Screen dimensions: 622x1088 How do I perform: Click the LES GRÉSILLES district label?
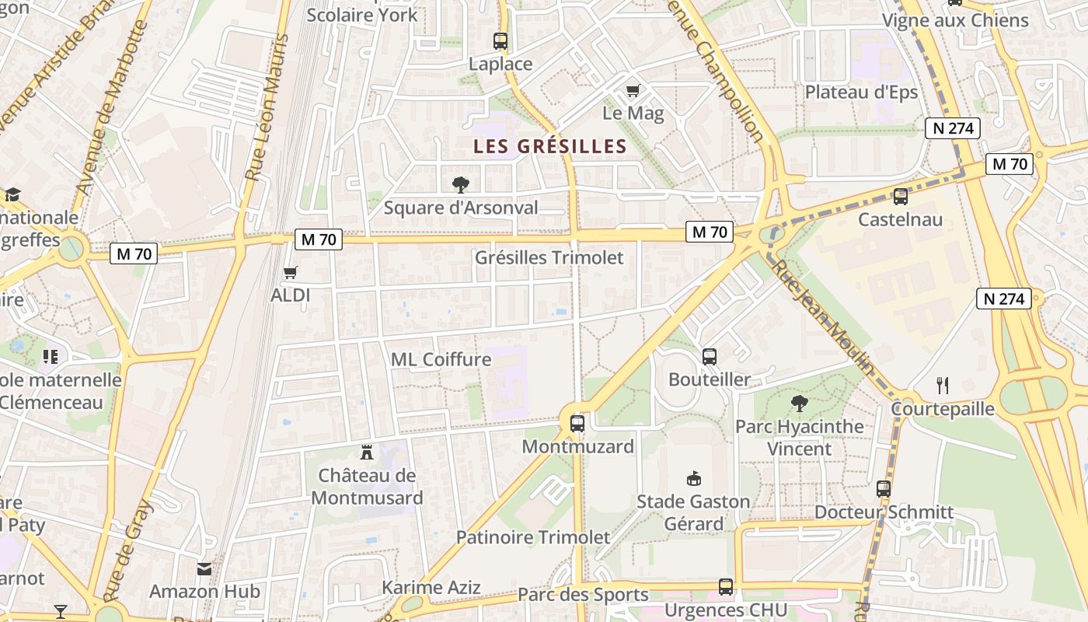[x=549, y=146]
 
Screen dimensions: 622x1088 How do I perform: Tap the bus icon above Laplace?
[x=500, y=41]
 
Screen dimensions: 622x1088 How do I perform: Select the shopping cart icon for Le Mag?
[x=633, y=91]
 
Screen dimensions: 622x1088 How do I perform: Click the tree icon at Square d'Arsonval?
[x=461, y=184]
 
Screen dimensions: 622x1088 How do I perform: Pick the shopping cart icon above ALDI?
[x=291, y=272]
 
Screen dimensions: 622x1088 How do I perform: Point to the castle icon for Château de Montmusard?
[x=367, y=452]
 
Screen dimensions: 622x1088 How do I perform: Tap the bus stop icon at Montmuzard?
[x=577, y=424]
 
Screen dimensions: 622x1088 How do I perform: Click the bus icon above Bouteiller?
[x=710, y=357]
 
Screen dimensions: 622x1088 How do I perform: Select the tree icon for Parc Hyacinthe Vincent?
[x=799, y=403]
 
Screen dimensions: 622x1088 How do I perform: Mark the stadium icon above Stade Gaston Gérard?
[x=694, y=478]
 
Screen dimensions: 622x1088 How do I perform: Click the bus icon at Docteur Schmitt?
[x=884, y=489]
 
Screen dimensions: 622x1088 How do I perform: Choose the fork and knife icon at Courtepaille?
[x=943, y=385]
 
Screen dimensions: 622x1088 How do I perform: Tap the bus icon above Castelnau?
[x=901, y=197]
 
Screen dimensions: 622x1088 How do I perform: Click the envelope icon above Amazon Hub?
[x=204, y=568]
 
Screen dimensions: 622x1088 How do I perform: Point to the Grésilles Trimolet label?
[x=549, y=257]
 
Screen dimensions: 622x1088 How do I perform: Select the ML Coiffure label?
[x=441, y=359]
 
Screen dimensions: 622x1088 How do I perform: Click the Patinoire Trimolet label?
[x=533, y=537]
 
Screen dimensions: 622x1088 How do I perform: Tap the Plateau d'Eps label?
[x=861, y=92]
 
